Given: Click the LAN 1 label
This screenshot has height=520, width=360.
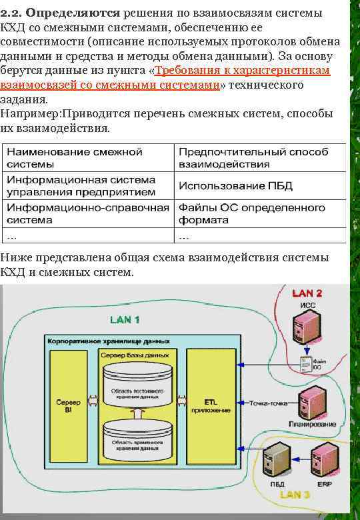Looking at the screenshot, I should (125, 320).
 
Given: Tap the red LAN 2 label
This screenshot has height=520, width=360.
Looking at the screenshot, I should (308, 293).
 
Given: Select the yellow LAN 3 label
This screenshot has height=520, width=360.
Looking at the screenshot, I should (295, 495).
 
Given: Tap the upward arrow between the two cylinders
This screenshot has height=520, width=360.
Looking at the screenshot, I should (137, 414).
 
